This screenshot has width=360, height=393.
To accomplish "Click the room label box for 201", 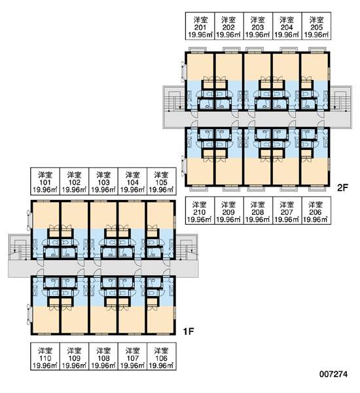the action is [200, 26].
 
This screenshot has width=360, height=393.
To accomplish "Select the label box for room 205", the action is [317, 26].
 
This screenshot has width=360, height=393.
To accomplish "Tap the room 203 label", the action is [258, 26].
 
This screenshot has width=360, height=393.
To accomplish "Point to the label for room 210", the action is [200, 210].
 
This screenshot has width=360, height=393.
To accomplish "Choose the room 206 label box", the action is [317, 210].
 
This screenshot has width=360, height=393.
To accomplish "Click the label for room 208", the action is [258, 210].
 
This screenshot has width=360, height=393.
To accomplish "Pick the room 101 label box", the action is [45, 181].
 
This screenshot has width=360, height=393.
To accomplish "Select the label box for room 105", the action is [162, 181].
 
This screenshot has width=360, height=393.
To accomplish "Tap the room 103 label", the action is [103, 181].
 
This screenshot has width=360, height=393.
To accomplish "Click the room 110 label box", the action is [45, 356].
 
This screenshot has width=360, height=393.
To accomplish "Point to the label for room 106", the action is [162, 356].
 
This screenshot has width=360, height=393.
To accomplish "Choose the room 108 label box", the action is [103, 356].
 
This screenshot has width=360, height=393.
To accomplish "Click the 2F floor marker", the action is [343, 187].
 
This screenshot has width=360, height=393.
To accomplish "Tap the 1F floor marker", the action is [189, 331].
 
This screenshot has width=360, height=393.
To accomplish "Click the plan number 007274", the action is [333, 374].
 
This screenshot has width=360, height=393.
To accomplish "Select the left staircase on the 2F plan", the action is [174, 99].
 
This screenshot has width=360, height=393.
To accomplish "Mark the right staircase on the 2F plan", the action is [341, 99].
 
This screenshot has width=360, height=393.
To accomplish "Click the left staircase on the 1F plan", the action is [20, 247].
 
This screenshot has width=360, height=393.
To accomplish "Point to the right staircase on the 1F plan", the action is [187, 247].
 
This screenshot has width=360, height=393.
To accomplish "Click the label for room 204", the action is [287, 26].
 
